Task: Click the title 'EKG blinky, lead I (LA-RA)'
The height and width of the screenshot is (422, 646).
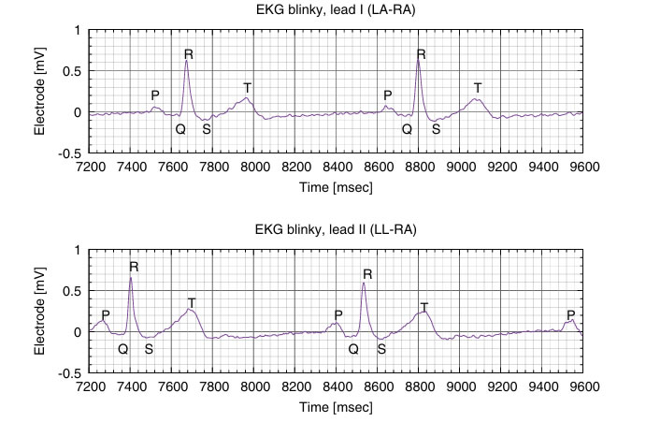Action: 337,10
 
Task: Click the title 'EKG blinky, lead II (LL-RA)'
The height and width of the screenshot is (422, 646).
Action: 337,230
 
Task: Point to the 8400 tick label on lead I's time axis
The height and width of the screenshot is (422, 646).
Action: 337,168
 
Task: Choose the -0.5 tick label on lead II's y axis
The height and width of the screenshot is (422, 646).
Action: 69,373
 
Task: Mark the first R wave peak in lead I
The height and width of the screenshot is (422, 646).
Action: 187,61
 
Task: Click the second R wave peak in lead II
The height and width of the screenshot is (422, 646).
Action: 363,283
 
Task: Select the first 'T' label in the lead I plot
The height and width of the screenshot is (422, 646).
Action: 247,88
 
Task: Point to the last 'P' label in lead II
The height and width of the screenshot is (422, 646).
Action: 570,315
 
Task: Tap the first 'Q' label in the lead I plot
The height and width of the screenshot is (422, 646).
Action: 180,129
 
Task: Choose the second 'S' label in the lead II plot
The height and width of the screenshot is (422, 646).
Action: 380,349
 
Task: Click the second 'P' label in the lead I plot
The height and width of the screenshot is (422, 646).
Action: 387,95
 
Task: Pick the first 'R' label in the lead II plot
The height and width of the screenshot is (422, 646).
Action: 134,267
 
